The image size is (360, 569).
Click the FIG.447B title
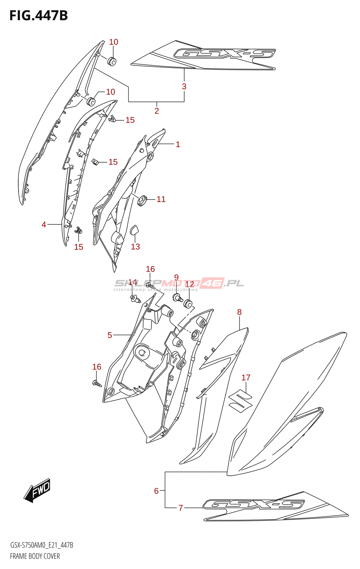click(x=38, y=16)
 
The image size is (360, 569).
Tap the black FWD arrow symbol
click(x=38, y=490)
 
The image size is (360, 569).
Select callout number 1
click(x=178, y=144)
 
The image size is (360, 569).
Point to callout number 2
click(x=157, y=111)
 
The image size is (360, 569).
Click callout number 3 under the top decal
click(x=184, y=86)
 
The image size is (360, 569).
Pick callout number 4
click(x=44, y=225)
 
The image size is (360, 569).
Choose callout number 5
click(x=110, y=335)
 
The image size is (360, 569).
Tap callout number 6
click(x=156, y=491)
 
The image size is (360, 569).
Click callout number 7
click(x=181, y=508)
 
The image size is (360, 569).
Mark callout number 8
click(x=239, y=312)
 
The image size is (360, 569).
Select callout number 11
click(x=161, y=200)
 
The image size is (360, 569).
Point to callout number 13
click(x=136, y=247)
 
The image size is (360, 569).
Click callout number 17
click(x=246, y=378)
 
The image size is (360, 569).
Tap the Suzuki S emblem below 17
click(x=240, y=400)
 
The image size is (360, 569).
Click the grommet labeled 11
click(x=142, y=201)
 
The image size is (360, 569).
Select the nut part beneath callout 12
click(x=188, y=304)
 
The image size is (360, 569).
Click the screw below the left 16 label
click(x=97, y=383)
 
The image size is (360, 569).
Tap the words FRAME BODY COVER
click(x=35, y=556)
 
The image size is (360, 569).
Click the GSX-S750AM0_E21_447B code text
click(x=42, y=545)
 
